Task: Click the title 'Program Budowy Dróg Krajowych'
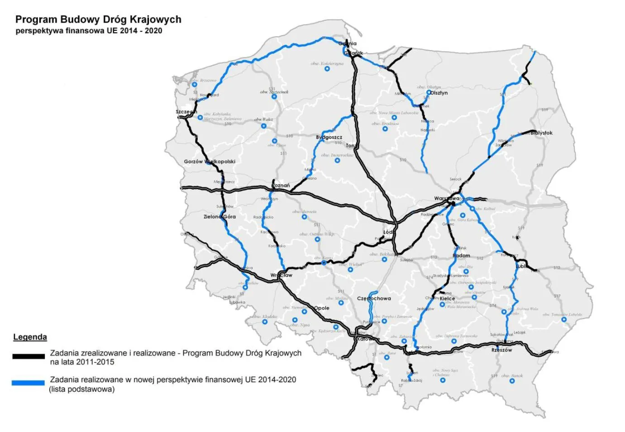pyautogui.click(x=98, y=19)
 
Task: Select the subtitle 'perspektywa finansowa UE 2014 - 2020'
pyautogui.click(x=89, y=31)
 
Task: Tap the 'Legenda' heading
pyautogui.click(x=30, y=337)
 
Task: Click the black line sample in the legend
pyautogui.click(x=29, y=356)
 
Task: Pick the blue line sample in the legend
pyautogui.click(x=28, y=383)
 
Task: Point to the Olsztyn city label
pyautogui.click(x=439, y=93)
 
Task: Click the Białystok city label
pyautogui.click(x=542, y=133)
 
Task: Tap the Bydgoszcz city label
pyautogui.click(x=329, y=137)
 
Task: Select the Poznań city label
pyautogui.click(x=281, y=185)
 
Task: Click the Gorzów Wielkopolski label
pyautogui.click(x=210, y=161)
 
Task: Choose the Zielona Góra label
pyautogui.click(x=219, y=217)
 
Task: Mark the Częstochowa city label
pyautogui.click(x=374, y=299)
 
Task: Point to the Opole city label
pyautogui.click(x=322, y=308)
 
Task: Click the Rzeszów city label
pyautogui.click(x=502, y=350)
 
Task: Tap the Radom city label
pyautogui.click(x=462, y=256)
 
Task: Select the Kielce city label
pyautogui.click(x=448, y=299)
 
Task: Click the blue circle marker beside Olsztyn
pyautogui.click(x=429, y=92)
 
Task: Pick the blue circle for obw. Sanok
pyautogui.click(x=512, y=381)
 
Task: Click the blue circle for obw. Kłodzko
pyautogui.click(x=265, y=322)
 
